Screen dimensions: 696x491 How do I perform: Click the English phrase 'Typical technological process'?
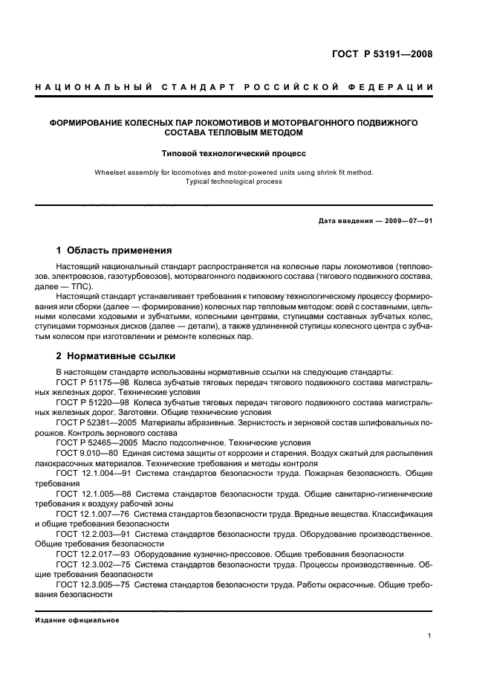[234, 181]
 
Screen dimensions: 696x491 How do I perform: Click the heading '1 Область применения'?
[114, 250]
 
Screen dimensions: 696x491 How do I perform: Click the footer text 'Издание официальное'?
[77, 620]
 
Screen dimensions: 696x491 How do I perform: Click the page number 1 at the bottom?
[430, 636]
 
